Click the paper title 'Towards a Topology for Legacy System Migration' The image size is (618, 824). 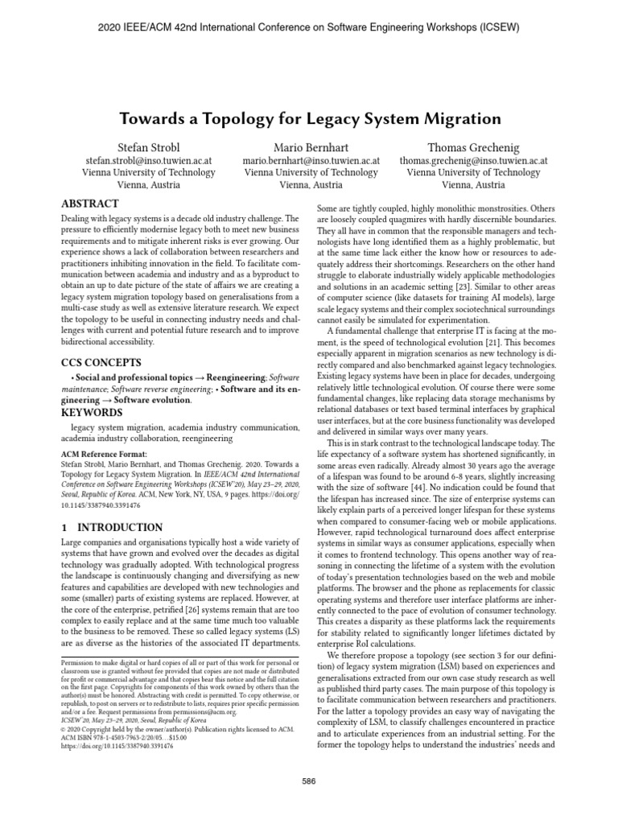click(x=310, y=119)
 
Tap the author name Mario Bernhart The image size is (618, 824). click(x=311, y=147)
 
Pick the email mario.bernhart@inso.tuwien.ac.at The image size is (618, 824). click(x=311, y=161)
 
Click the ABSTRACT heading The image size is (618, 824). click(x=93, y=203)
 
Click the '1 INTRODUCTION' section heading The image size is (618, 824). click(x=112, y=528)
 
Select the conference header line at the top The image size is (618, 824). click(x=309, y=27)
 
